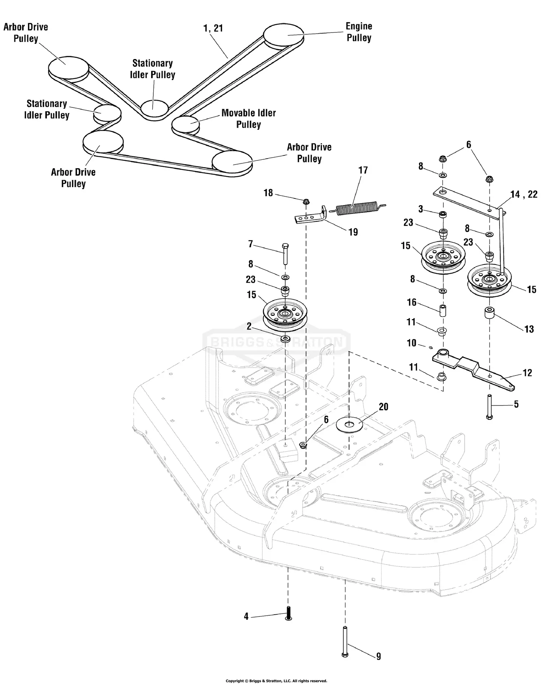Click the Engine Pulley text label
pyautogui.click(x=359, y=32)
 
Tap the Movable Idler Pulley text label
pyautogui.click(x=248, y=118)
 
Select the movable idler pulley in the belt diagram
pyautogui.click(x=185, y=123)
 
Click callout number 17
pyautogui.click(x=363, y=170)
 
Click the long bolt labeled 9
pyautogui.click(x=345, y=642)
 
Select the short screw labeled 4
pyautogui.click(x=288, y=614)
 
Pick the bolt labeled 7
pyautogui.click(x=285, y=253)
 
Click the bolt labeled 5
pyautogui.click(x=490, y=407)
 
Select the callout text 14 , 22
pyautogui.click(x=524, y=194)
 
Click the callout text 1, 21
pyautogui.click(x=213, y=28)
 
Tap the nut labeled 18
pyautogui.click(x=306, y=201)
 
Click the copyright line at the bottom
pyautogui.click(x=276, y=681)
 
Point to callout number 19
pyautogui.click(x=353, y=232)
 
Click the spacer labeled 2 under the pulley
pyautogui.click(x=285, y=339)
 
